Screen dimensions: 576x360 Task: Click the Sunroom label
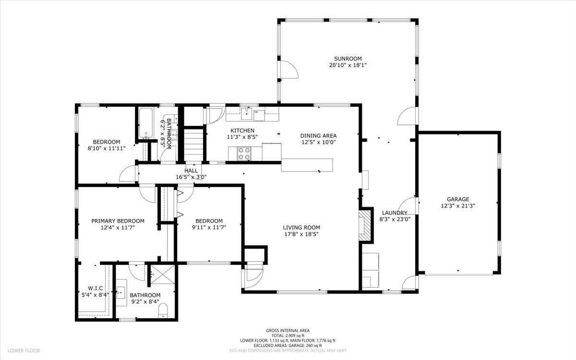[348, 59]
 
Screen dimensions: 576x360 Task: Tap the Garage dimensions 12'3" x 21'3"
[458, 206]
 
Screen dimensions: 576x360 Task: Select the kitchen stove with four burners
[244, 153]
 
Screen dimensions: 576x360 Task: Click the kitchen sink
[247, 113]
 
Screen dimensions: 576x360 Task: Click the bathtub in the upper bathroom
[146, 123]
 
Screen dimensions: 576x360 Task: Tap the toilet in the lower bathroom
[163, 311]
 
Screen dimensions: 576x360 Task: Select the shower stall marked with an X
[163, 275]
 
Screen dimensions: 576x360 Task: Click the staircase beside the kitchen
[193, 145]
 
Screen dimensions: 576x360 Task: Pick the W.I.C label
[95, 288]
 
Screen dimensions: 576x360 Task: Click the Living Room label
[301, 228]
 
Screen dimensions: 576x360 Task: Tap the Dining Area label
[318, 136]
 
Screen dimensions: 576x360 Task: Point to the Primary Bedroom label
[118, 221]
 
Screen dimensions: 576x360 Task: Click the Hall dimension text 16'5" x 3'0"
[191, 177]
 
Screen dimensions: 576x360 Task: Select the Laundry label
[395, 213]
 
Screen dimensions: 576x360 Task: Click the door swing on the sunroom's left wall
[289, 69]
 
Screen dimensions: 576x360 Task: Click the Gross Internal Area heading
[288, 331]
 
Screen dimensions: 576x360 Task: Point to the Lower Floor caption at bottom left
[24, 351]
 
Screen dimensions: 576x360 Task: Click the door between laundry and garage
[408, 206]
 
